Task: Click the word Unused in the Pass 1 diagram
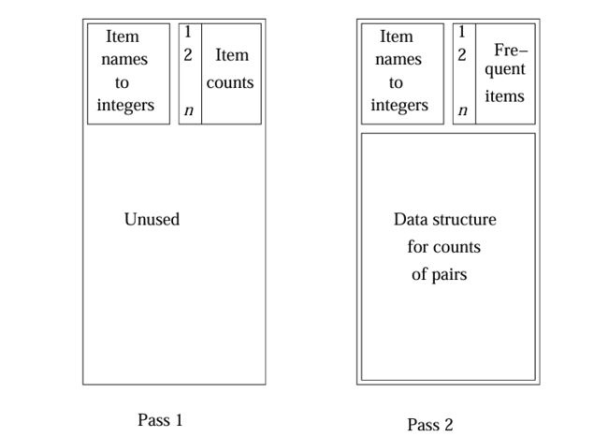pos(152,219)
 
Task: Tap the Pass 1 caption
pos(160,420)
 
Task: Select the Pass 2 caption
pos(430,425)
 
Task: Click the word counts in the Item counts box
pos(230,82)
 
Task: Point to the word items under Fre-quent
pos(504,95)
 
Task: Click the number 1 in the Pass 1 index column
pos(188,32)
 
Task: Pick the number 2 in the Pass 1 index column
pos(188,55)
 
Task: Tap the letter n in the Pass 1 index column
pos(189,110)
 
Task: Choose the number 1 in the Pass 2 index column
pos(461,32)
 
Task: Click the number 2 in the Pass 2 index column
pos(462,55)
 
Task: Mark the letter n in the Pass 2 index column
pos(463,110)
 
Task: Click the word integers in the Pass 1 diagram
pos(125,106)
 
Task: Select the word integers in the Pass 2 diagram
pos(399,106)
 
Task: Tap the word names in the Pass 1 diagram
pos(124,60)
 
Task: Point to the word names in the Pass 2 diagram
pos(398,60)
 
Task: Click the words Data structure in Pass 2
pos(445,220)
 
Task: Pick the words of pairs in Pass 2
pos(440,274)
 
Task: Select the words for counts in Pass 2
pos(444,247)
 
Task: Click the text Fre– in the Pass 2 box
pos(511,50)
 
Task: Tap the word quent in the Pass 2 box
pos(505,70)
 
